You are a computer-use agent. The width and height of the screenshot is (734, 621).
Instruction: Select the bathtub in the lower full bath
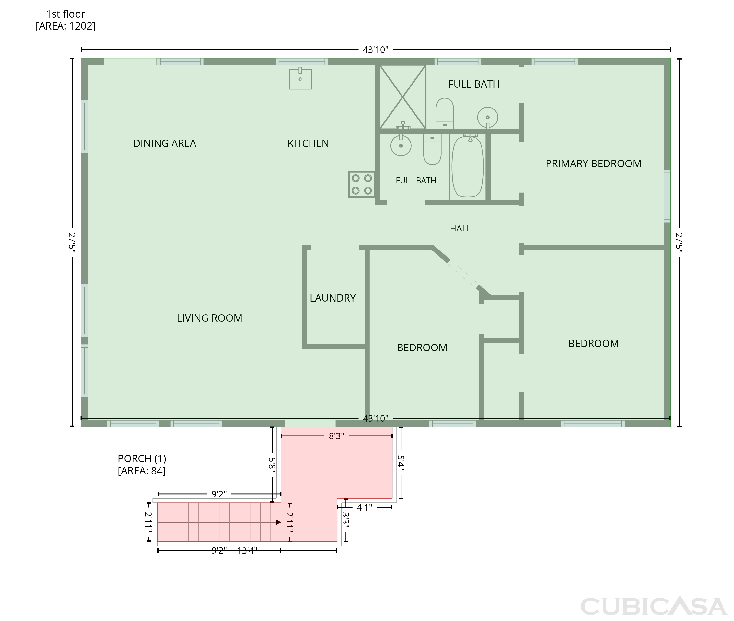tap(468, 166)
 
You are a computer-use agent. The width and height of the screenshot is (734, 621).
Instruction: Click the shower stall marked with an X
tap(402, 97)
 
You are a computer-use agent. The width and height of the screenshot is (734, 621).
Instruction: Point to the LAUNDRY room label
tap(333, 298)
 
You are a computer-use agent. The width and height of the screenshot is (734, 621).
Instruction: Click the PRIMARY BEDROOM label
tap(593, 164)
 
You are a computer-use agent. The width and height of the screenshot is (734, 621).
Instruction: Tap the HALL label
tap(460, 229)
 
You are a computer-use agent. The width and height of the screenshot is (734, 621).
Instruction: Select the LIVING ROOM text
tap(209, 318)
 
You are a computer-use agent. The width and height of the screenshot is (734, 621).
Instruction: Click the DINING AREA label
tap(165, 143)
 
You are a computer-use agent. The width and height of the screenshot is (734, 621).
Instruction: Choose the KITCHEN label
tap(308, 143)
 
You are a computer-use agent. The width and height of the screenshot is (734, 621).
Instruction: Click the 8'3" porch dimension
tap(336, 436)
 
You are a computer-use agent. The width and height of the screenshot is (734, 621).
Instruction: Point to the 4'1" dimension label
tap(364, 507)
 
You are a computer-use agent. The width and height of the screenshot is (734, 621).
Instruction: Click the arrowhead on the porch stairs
tap(278, 522)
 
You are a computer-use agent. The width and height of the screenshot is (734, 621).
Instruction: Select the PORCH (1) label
tap(142, 459)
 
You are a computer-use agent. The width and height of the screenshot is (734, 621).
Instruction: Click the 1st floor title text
tap(66, 14)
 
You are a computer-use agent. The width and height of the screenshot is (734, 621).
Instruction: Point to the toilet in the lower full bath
tap(432, 149)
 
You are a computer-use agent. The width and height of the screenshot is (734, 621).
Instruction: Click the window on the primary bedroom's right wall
tap(667, 196)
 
